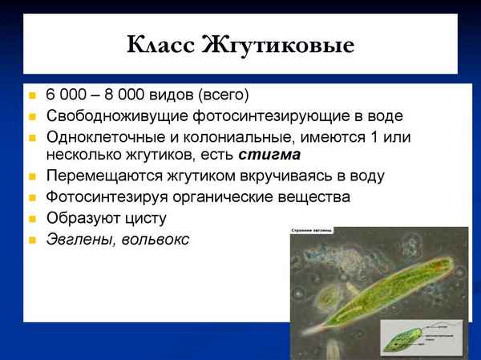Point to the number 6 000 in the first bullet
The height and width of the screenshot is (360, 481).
click(x=65, y=95)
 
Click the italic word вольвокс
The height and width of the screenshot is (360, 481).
click(x=156, y=238)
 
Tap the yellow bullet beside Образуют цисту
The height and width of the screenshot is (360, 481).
click(x=32, y=218)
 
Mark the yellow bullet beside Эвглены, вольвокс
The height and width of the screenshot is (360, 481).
click(x=32, y=239)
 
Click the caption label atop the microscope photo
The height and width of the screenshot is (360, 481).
click(x=313, y=232)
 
